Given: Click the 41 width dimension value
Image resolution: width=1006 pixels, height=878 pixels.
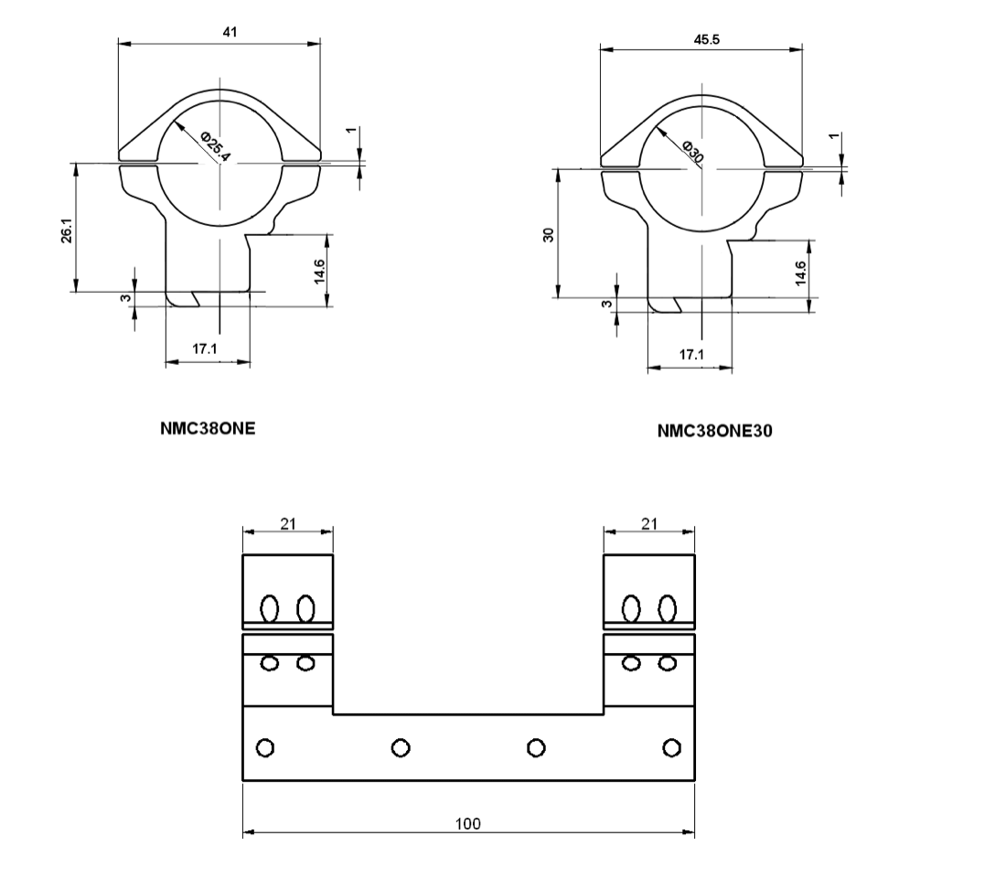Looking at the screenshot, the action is coord(230,31).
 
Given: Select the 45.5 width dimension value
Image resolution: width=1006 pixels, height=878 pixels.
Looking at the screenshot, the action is coord(706,40).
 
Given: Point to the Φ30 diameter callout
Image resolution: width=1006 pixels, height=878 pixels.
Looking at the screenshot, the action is coord(693,151).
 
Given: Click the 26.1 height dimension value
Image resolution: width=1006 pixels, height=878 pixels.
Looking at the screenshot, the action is coord(67,230).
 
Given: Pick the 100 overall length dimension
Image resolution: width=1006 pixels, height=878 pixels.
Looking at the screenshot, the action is coord(467,823).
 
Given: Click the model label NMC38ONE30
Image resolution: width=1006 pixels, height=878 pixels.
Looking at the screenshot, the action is coord(715,431).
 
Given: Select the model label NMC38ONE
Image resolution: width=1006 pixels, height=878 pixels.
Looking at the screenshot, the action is coord(208,428).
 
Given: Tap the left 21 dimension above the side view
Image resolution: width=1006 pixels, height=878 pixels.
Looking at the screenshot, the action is coord(288,524).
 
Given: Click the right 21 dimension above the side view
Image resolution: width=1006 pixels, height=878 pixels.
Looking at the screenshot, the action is coord(649,524).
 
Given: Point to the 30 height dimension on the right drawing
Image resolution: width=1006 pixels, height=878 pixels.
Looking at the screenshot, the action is coord(548,235).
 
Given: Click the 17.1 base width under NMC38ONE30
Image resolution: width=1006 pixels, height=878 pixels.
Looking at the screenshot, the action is coord(691,354).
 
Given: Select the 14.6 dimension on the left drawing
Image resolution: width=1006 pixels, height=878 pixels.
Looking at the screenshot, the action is coord(319,271).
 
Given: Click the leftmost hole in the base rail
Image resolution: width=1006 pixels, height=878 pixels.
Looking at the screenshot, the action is coord(265,748).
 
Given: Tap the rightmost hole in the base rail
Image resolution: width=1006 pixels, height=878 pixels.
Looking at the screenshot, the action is coord(672,748).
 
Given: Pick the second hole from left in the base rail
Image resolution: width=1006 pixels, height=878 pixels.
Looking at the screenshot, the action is coord(401,748).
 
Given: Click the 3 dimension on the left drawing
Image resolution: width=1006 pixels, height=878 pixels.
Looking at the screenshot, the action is coord(126,298).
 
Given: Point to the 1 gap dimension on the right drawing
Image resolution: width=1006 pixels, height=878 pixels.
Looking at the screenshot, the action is coord(833,136).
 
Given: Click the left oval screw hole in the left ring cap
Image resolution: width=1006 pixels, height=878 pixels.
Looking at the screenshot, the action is coord(270,608).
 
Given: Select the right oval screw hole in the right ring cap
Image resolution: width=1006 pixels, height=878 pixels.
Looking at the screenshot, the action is coord(668,608).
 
